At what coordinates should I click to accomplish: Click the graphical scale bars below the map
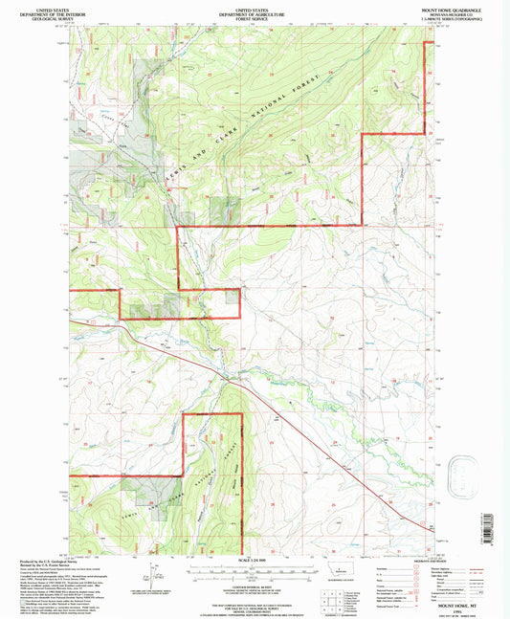tap(253, 575)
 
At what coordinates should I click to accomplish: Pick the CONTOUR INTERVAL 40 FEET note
tap(253, 584)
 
